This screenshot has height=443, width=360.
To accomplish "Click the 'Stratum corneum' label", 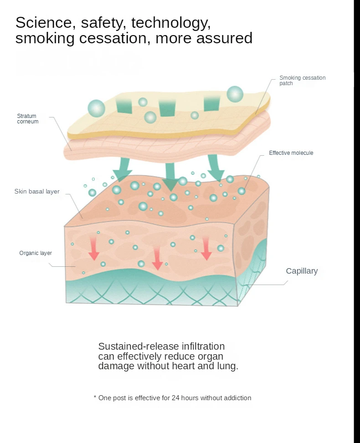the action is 27,119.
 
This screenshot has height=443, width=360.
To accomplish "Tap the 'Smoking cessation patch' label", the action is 302,81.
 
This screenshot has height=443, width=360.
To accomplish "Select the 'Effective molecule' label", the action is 291,153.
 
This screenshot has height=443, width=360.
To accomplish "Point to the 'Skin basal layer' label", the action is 37,192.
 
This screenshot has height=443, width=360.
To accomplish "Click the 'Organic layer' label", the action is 36,253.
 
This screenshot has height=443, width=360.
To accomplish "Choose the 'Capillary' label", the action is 302,271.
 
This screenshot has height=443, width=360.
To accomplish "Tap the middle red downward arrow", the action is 157,259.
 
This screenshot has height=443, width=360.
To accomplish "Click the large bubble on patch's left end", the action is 96,108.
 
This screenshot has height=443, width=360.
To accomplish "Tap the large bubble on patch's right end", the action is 235,94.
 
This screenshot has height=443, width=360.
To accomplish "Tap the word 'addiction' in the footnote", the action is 236,398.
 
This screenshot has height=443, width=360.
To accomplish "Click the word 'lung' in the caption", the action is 227,366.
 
